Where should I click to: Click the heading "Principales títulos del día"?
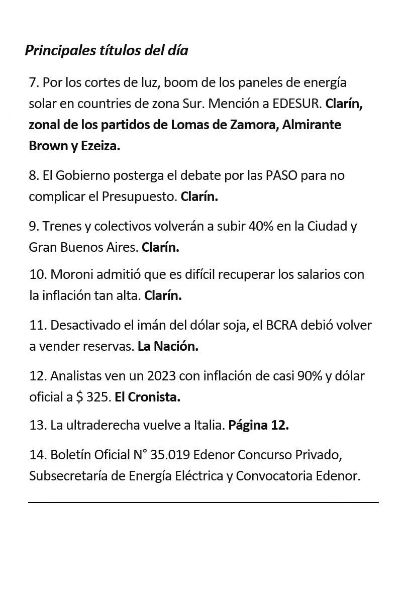[107, 51]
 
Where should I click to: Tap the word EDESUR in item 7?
[296, 104]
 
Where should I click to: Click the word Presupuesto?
[140, 196]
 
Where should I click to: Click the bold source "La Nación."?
[168, 346]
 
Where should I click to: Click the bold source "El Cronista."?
[147, 397]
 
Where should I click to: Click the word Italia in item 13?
[209, 426]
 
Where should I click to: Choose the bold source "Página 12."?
[258, 426]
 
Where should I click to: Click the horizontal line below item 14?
[203, 502]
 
